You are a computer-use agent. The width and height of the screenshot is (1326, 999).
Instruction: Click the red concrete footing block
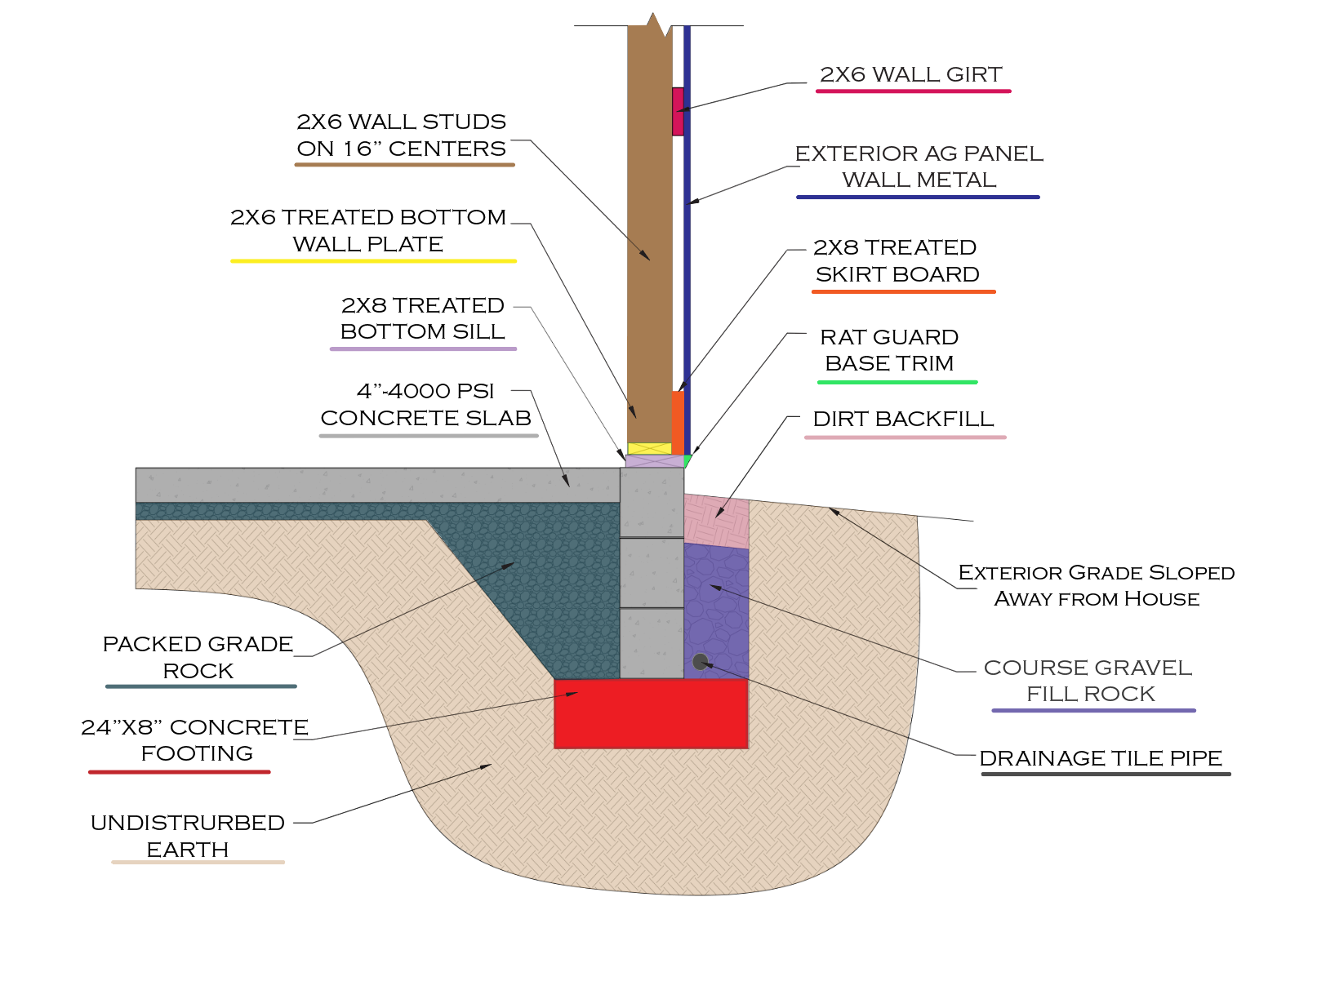pyautogui.click(x=651, y=713)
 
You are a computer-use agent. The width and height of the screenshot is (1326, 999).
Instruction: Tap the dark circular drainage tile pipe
pyautogui.click(x=700, y=661)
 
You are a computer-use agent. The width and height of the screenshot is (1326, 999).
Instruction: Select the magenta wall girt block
pyautogui.click(x=678, y=111)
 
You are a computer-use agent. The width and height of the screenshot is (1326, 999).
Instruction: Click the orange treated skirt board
pyautogui.click(x=678, y=423)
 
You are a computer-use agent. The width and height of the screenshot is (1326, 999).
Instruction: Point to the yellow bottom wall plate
pyautogui.click(x=649, y=448)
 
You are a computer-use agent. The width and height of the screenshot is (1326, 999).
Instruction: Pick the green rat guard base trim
pyautogui.click(x=687, y=461)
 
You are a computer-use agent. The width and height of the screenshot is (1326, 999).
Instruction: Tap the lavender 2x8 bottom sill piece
pyautogui.click(x=653, y=461)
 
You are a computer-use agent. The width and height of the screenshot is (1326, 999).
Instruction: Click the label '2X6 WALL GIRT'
pyautogui.click(x=910, y=75)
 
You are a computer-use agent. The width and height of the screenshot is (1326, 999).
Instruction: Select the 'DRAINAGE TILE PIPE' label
pyautogui.click(x=1101, y=758)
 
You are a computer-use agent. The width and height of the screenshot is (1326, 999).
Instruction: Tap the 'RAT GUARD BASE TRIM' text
pyautogui.click(x=889, y=350)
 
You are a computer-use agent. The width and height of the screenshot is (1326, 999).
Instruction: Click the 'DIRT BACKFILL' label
pyautogui.click(x=903, y=420)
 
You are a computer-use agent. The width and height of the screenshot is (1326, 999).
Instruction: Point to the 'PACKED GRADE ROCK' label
pyautogui.click(x=198, y=657)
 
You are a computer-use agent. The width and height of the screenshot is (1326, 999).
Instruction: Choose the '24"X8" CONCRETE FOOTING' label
pyautogui.click(x=195, y=740)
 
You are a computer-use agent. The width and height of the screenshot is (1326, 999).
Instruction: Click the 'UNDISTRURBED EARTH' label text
pyautogui.click(x=188, y=836)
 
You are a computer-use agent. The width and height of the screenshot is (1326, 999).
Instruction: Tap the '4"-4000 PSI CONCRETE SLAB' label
pyautogui.click(x=425, y=405)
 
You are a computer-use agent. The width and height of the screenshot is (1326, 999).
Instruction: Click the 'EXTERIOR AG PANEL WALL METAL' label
pyautogui.click(x=919, y=166)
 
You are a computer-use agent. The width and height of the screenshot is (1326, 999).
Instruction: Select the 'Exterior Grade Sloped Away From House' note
pyautogui.click(x=1096, y=585)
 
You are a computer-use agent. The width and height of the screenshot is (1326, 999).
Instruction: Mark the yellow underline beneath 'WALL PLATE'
pyautogui.click(x=373, y=261)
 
